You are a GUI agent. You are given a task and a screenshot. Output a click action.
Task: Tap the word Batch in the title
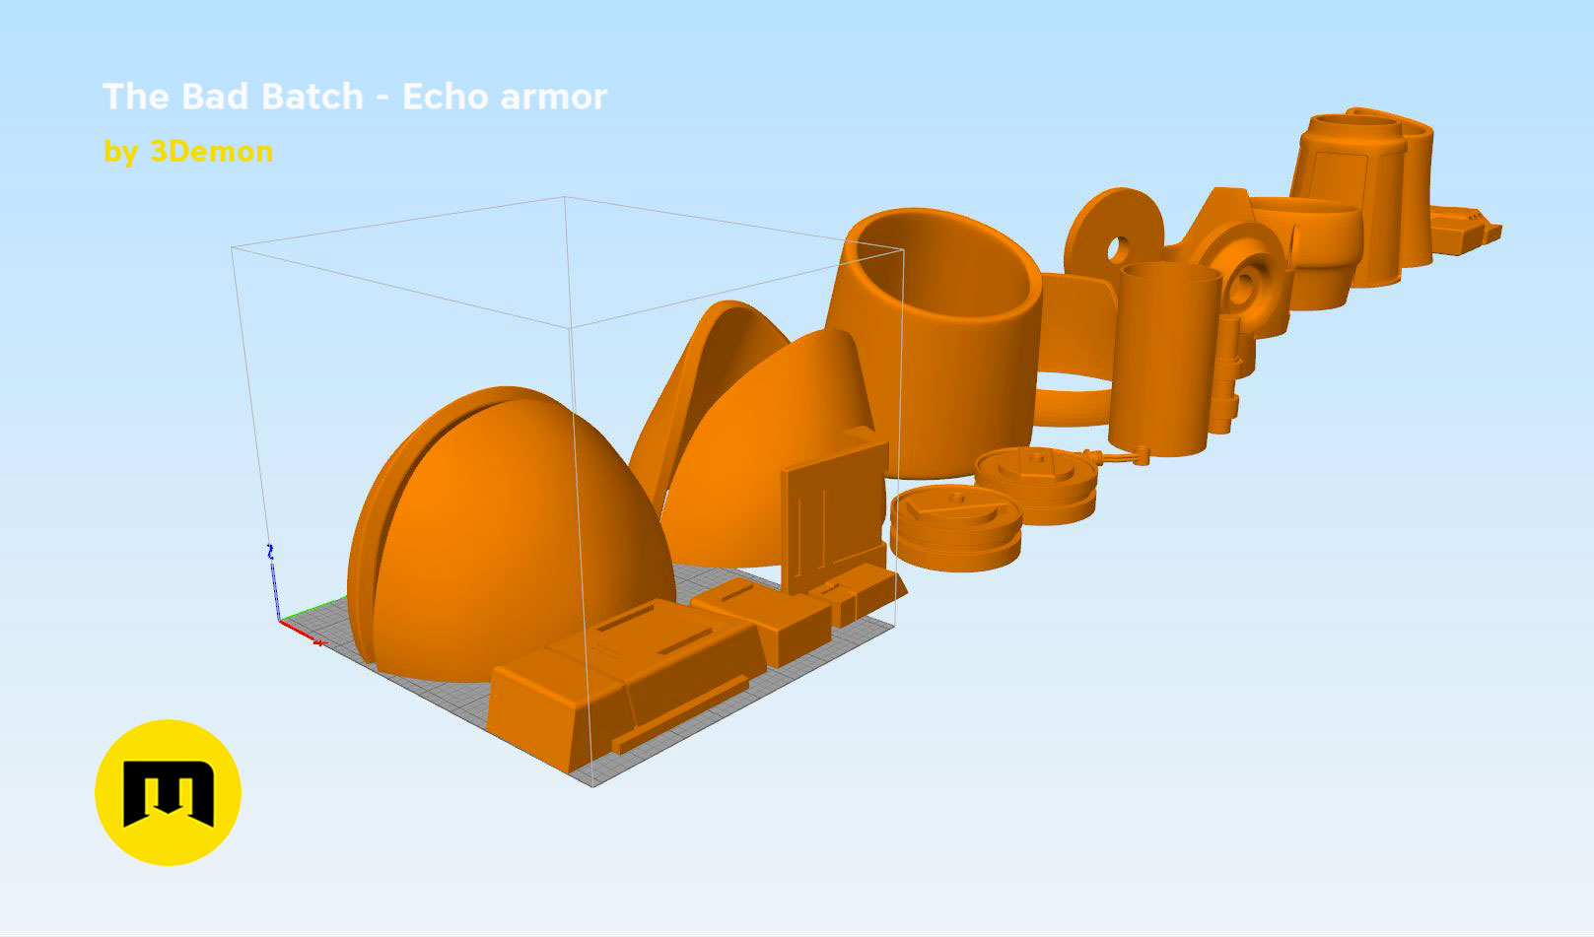point(312,96)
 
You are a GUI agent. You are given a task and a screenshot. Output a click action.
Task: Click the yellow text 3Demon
point(212,152)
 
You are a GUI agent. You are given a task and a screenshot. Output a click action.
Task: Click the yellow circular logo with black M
point(168,792)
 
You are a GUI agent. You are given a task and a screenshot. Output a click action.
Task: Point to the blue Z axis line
point(273,582)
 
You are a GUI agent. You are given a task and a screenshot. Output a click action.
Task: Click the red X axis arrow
point(302,633)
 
